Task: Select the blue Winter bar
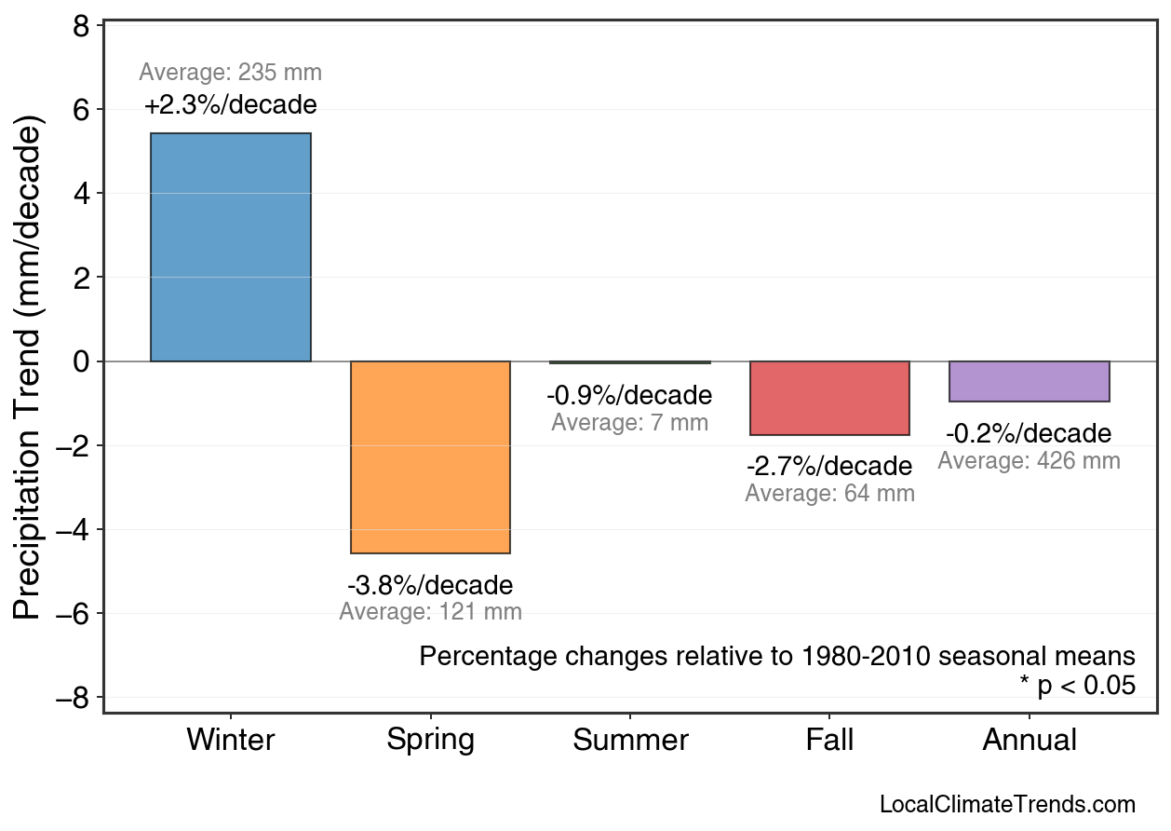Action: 231,247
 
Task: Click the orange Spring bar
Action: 430,456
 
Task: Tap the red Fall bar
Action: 829,398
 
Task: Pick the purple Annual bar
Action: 1029,381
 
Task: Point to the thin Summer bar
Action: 630,362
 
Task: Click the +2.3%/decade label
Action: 231,105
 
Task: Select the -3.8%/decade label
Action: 430,586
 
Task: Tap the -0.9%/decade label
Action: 630,396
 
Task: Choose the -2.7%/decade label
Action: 829,466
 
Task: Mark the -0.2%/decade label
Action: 1029,434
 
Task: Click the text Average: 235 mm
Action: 231,73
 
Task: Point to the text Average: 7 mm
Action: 630,423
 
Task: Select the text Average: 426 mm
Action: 1029,461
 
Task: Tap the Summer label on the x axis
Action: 630,741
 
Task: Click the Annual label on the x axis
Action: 1029,741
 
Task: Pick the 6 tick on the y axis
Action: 81,110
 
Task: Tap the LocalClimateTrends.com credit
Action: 1007,805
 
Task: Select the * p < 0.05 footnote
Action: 1077,686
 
